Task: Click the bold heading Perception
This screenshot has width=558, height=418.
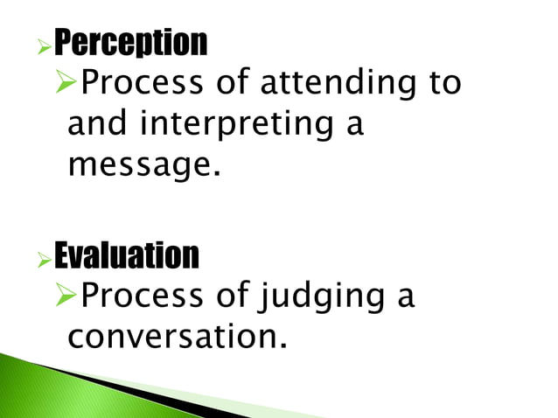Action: tap(131, 41)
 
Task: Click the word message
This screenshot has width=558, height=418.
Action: tap(140, 164)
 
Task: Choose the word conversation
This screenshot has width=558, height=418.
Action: tap(177, 337)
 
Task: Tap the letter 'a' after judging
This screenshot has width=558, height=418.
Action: tap(405, 299)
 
